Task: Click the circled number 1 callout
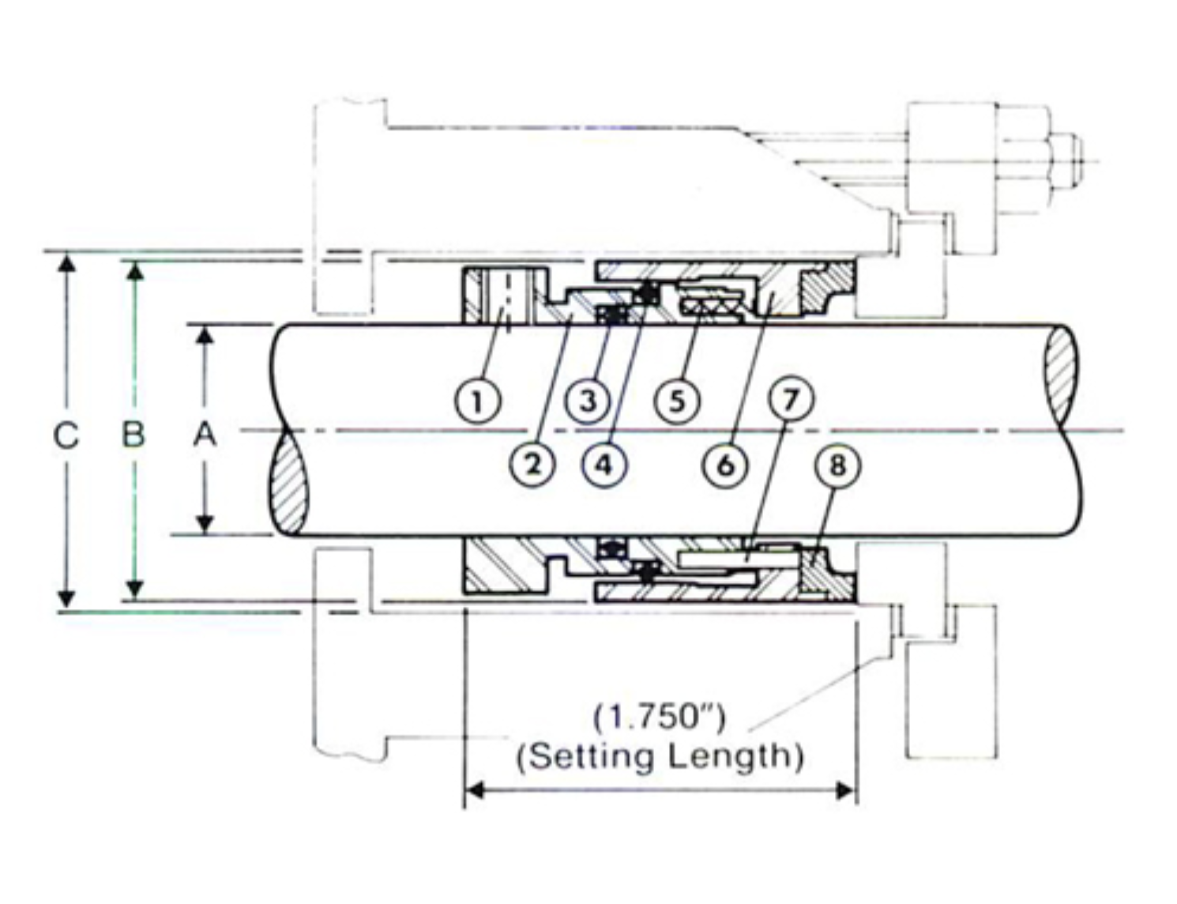[476, 402]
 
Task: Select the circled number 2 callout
[533, 464]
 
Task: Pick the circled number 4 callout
[605, 465]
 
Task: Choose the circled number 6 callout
[726, 465]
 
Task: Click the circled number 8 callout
[838, 465]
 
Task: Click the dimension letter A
[205, 436]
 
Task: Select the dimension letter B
[133, 436]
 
